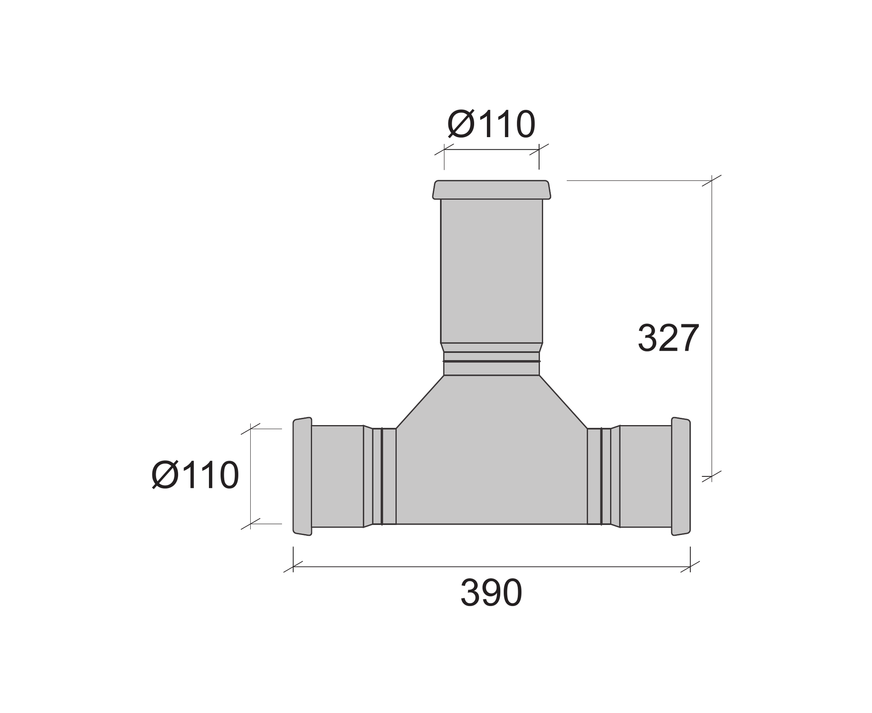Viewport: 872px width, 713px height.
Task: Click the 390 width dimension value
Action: (x=491, y=593)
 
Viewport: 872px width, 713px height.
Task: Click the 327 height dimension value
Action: (x=668, y=338)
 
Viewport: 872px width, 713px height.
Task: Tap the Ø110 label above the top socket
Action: (x=491, y=124)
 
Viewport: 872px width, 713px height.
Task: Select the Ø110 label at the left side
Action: (x=195, y=475)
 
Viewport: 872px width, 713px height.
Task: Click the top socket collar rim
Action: (x=491, y=190)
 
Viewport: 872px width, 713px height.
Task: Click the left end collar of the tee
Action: (x=302, y=476)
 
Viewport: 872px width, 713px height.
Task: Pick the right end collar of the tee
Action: (x=681, y=476)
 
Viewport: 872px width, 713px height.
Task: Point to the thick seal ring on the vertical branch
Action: (x=491, y=361)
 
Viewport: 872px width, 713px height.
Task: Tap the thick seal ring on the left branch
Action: (x=382, y=476)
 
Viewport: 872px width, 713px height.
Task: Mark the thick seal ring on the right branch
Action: (x=601, y=476)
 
